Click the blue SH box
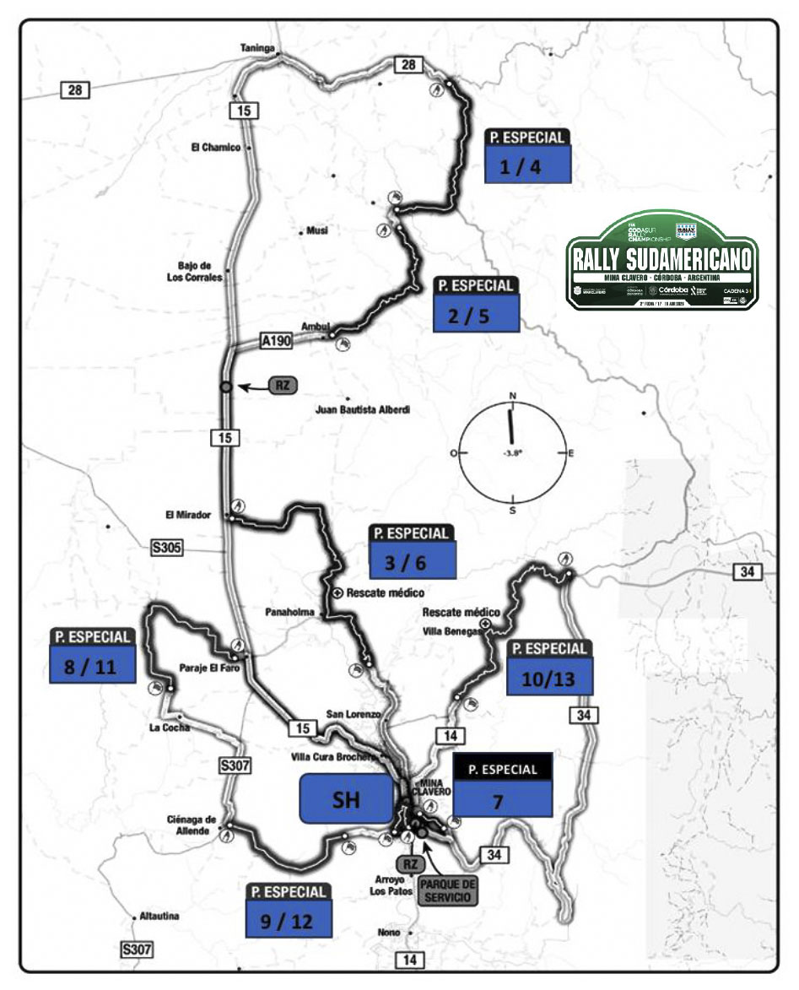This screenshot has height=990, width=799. click(x=346, y=798)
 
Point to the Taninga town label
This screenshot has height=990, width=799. click(x=258, y=48)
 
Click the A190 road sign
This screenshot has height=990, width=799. click(x=277, y=341)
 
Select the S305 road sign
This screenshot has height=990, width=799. click(x=166, y=548)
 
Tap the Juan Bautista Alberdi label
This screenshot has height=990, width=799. click(x=362, y=410)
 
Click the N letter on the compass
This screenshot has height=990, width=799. click(x=512, y=395)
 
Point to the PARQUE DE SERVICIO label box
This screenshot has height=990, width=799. click(x=448, y=890)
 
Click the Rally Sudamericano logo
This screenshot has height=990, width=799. click(x=662, y=262)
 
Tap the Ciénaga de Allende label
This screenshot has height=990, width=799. click(x=193, y=824)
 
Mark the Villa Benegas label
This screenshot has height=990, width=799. click(x=451, y=630)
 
